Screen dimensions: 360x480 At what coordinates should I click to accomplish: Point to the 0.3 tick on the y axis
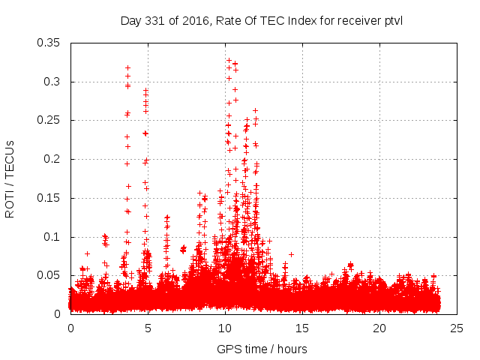[55, 82]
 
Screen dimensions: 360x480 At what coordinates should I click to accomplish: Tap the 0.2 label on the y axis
[55, 160]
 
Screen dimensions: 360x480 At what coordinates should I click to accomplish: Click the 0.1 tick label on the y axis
[55, 237]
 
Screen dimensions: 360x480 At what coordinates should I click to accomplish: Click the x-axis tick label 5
[148, 328]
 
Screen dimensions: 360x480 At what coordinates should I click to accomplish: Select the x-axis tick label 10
[225, 328]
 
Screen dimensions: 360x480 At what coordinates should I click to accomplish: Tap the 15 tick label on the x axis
[302, 328]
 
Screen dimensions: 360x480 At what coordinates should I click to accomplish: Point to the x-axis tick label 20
[379, 328]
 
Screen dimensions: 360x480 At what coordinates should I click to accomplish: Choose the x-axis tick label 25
[457, 328]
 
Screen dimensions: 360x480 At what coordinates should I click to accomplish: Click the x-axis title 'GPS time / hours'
[262, 349]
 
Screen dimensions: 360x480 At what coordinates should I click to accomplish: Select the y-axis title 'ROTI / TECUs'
[10, 179]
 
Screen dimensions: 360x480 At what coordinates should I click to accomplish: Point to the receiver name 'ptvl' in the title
[391, 20]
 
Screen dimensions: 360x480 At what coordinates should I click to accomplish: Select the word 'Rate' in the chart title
[228, 20]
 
